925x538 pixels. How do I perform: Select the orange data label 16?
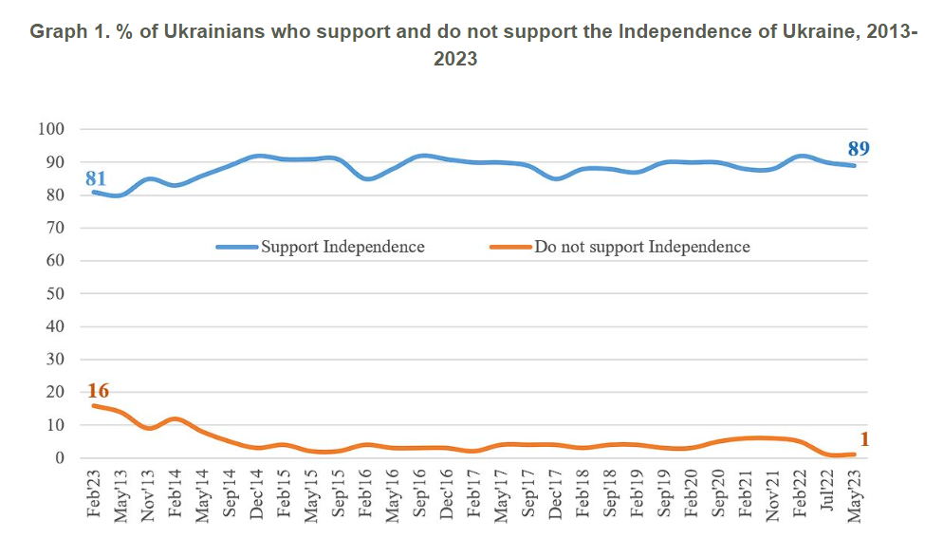pos(99,391)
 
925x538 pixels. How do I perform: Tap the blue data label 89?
pos(859,148)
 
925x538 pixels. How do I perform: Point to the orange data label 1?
pos(865,438)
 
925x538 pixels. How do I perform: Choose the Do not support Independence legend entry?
pos(642,247)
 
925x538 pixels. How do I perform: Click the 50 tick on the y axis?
pos(56,293)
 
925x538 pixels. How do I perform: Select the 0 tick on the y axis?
pos(60,457)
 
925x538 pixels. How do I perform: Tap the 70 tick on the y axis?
pos(56,228)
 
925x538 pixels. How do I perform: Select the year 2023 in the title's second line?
pos(454,59)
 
